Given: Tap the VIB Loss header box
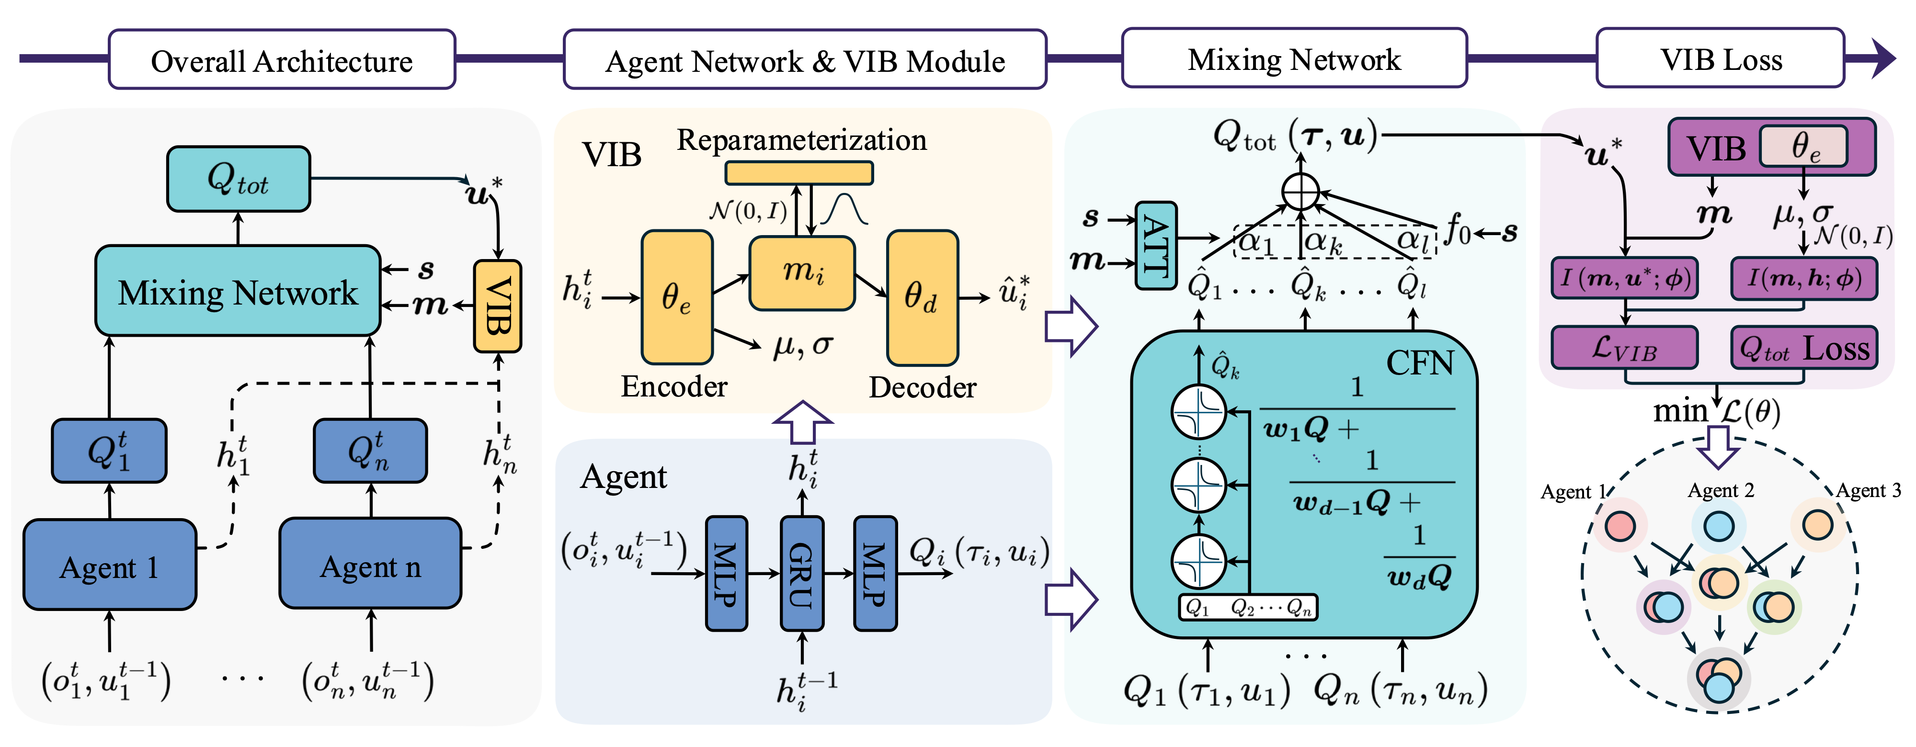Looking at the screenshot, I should (x=1721, y=59).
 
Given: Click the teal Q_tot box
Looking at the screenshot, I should (x=238, y=179).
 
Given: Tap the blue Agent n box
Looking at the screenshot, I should (x=370, y=565).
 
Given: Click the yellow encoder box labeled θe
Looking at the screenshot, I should (x=677, y=297).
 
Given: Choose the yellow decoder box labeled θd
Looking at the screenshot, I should (x=922, y=297).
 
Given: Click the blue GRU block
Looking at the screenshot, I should (x=801, y=574).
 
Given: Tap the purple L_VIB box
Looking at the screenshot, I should (x=1624, y=348).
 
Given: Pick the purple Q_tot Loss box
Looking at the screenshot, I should (x=1804, y=348).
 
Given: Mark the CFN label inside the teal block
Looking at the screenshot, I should (x=1419, y=362).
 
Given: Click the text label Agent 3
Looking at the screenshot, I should (x=1868, y=490).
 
